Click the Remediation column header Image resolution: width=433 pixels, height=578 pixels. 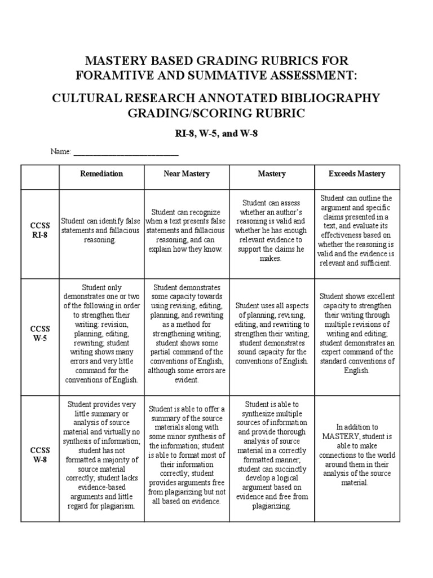click(x=101, y=174)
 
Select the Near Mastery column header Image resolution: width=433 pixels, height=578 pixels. click(x=187, y=174)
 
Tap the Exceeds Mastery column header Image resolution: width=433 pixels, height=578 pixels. click(x=357, y=174)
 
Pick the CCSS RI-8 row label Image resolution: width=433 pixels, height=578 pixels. click(x=40, y=230)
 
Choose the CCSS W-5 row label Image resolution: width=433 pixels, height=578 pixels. click(x=40, y=334)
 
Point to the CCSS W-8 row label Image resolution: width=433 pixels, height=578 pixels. click(x=40, y=454)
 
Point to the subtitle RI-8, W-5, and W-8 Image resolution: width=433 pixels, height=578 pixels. click(x=216, y=134)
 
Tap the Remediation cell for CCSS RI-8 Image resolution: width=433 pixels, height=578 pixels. click(x=101, y=230)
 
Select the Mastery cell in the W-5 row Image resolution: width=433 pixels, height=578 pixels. click(x=272, y=334)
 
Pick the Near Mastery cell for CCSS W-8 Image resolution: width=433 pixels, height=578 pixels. click(x=187, y=454)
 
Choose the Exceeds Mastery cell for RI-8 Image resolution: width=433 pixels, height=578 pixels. click(x=357, y=230)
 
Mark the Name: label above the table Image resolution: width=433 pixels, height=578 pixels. click(x=61, y=152)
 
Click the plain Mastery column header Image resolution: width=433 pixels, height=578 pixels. click(x=272, y=174)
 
